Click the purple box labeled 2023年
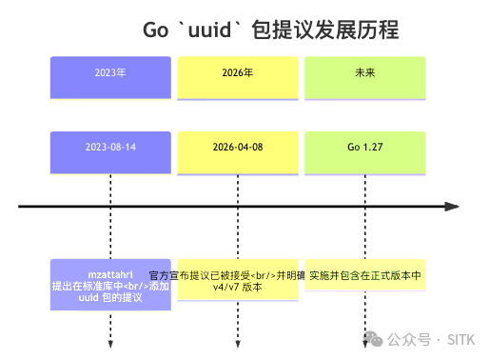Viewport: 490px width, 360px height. tap(111, 77)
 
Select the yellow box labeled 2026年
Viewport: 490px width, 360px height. tap(237, 77)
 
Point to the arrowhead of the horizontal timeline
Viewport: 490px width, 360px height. tap(453, 206)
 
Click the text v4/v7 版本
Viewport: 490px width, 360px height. tap(237, 287)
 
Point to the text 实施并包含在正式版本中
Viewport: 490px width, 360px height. tap(365, 274)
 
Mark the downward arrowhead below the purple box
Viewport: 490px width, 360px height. tap(111, 343)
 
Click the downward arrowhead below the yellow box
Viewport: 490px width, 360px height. tap(237, 343)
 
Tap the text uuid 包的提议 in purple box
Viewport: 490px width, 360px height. tap(111, 297)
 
